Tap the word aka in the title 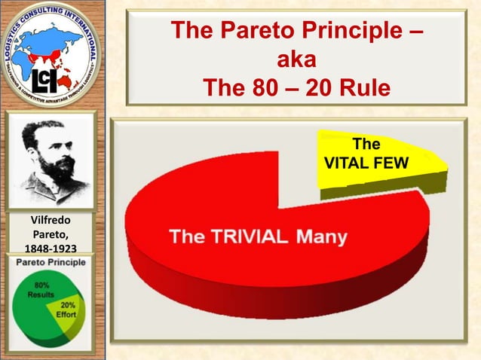point(295,60)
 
